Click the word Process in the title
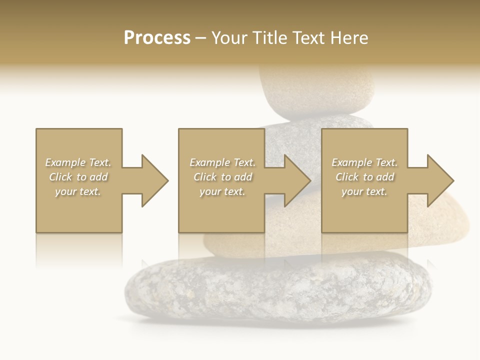[x=157, y=38]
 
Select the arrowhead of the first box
[x=153, y=180]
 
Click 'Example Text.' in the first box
[x=78, y=162]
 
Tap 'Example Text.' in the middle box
[x=222, y=162]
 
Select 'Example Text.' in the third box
[x=364, y=162]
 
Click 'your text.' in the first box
[x=78, y=191]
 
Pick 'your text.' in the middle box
[x=222, y=191]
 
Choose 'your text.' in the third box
[x=364, y=191]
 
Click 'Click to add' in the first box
[x=78, y=177]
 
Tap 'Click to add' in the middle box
[x=222, y=177]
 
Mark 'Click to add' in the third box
[x=364, y=177]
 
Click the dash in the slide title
[x=200, y=38]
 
